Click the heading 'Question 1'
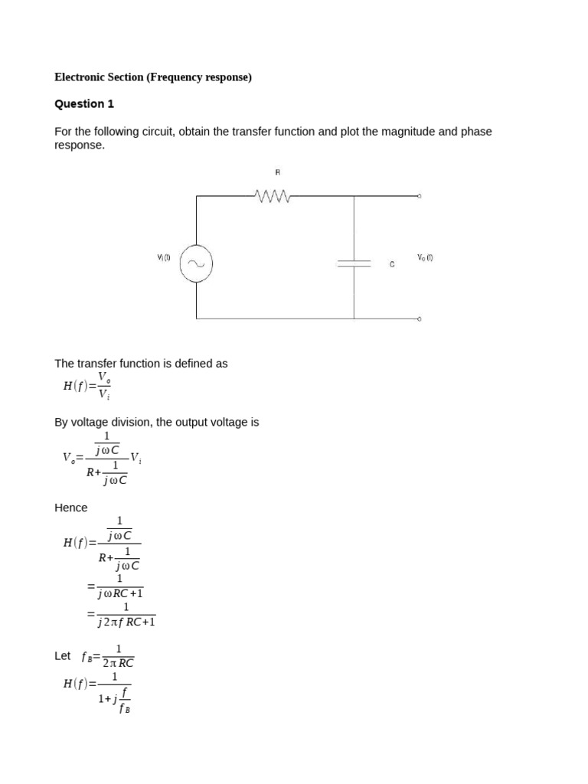[x=84, y=104]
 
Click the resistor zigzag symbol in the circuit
[x=273, y=197]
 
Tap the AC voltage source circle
[x=196, y=263]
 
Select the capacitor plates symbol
[x=354, y=263]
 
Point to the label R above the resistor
[x=278, y=173]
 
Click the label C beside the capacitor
[x=392, y=264]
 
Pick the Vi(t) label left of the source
[x=164, y=258]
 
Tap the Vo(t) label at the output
[x=425, y=258]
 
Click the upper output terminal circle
[x=419, y=197]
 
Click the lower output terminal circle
[x=419, y=318]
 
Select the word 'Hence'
[x=71, y=508]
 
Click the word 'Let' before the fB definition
[x=63, y=656]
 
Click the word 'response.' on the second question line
[x=80, y=145]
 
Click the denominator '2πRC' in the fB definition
[x=118, y=664]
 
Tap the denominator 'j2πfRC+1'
[x=126, y=622]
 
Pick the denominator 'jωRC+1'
[x=120, y=593]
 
